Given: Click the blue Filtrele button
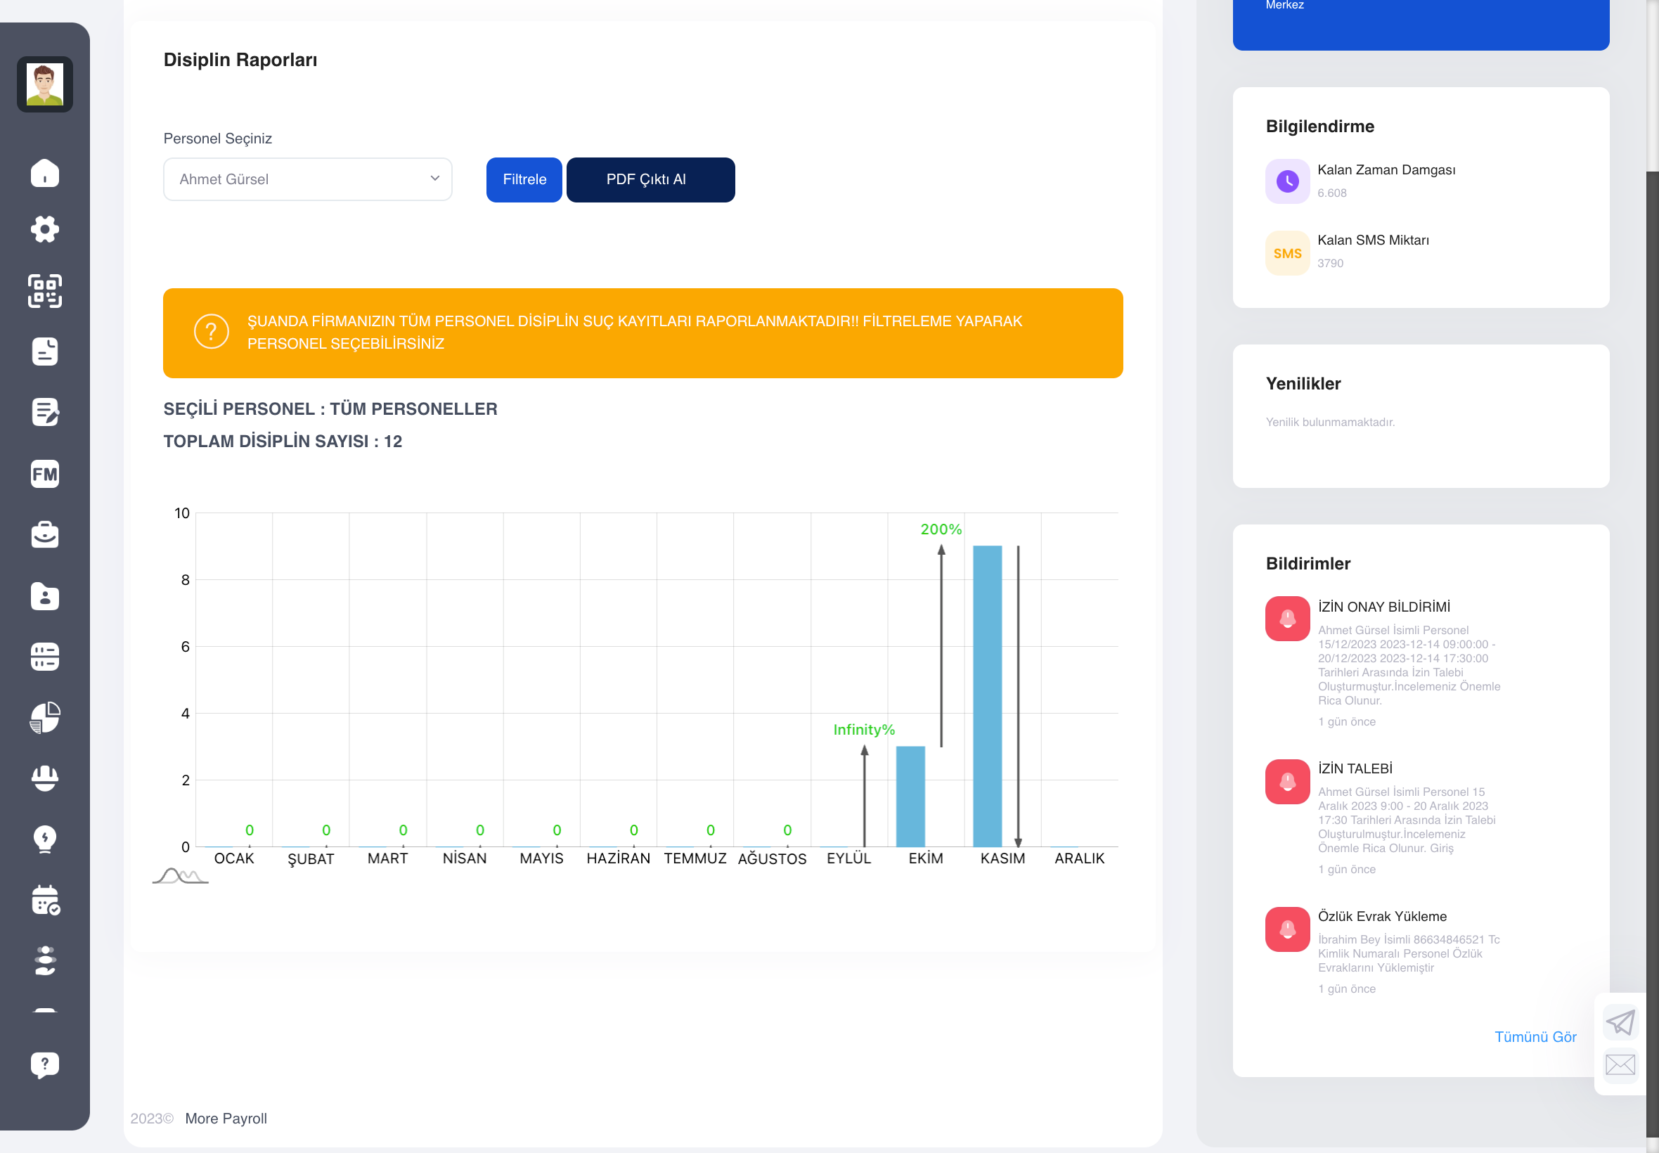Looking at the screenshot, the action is pos(524,180).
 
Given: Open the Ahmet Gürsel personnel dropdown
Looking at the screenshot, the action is pos(308,179).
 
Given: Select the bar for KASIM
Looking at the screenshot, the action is pos(986,696).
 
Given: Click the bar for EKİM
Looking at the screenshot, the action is pos(910,796).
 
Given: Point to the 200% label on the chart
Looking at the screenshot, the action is pos(941,529).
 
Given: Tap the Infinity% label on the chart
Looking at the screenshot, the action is pos(864,730).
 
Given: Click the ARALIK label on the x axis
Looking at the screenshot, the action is pos(1079,858).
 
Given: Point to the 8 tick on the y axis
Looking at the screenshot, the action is pos(186,579).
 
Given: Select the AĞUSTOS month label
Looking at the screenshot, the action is pos(772,858).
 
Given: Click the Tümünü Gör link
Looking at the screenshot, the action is pos(1535,1037).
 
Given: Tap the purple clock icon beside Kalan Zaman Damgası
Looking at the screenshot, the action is pos(1287,181).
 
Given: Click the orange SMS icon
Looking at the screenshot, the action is pos(1287,254).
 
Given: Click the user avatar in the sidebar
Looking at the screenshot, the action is pos(45,84).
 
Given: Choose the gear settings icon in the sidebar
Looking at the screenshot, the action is pos(45,229).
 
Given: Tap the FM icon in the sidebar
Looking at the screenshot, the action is pos(45,474).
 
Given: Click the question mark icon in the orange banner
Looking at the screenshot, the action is pos(212,332).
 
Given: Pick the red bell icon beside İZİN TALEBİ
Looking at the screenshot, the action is pos(1287,782).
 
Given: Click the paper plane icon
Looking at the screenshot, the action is pos(1620,1022).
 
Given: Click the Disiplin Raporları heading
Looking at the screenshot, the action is pos(240,60).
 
